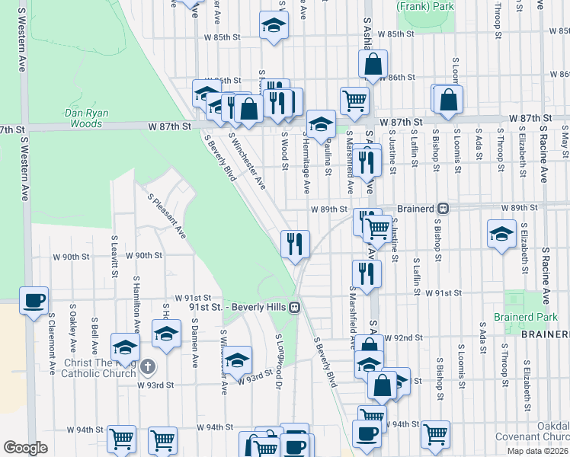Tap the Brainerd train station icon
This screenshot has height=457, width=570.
(x=442, y=208)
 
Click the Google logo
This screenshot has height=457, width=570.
(x=25, y=448)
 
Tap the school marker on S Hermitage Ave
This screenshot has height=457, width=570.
(x=322, y=123)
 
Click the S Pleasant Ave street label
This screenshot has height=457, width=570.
(x=168, y=215)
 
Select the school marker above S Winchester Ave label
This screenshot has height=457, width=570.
(x=238, y=358)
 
